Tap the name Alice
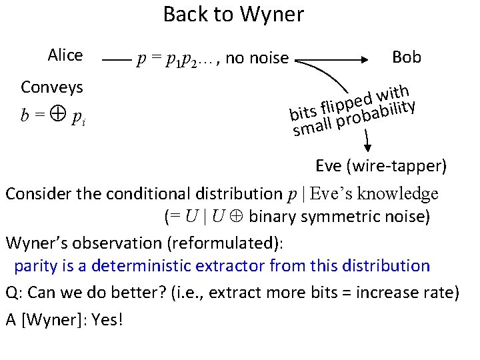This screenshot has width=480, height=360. (x=65, y=55)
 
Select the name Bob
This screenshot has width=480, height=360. (x=407, y=57)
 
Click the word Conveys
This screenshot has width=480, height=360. (x=52, y=87)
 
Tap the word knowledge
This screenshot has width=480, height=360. (x=399, y=193)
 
